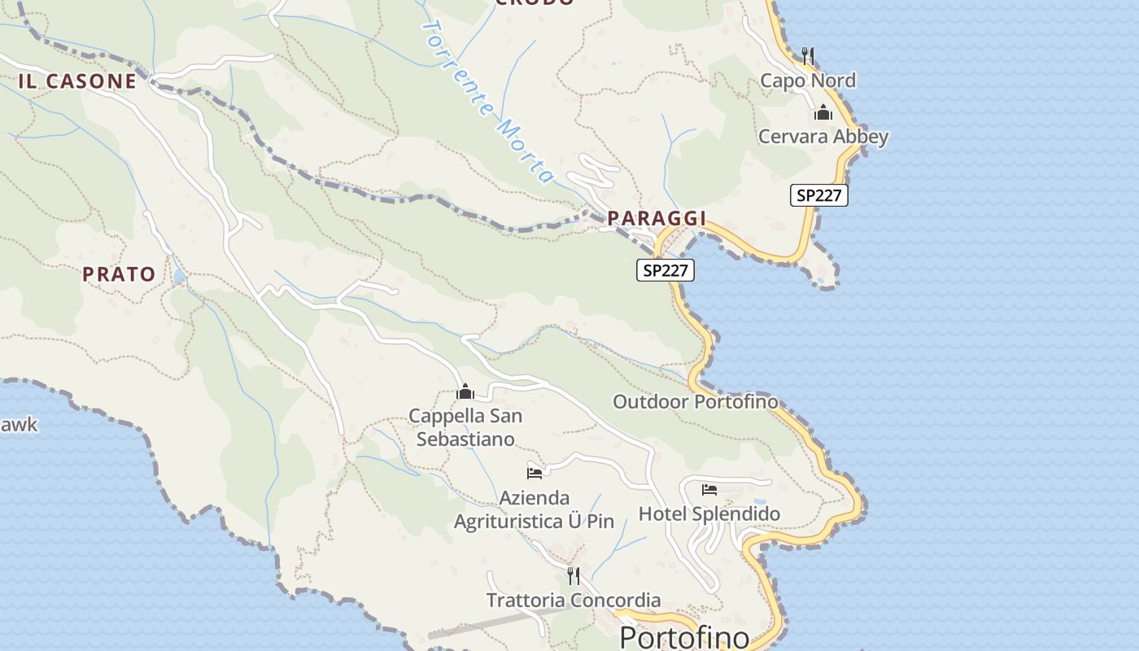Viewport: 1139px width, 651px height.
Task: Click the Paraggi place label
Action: point(657,218)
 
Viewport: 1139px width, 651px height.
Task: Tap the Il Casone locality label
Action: point(77,81)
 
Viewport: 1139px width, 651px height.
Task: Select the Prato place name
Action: point(119,274)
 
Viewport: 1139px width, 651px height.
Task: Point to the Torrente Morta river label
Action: point(488,102)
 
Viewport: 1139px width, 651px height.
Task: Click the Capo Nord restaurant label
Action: point(808,81)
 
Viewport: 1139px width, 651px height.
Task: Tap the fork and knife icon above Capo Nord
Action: point(808,55)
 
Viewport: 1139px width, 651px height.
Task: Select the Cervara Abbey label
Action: point(823,136)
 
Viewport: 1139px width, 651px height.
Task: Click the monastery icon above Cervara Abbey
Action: point(823,112)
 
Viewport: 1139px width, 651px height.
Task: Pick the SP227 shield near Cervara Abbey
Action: point(819,195)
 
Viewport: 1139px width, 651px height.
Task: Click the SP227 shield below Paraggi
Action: point(666,270)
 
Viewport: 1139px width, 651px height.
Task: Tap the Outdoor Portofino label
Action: point(695,401)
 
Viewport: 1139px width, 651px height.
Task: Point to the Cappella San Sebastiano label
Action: point(465,427)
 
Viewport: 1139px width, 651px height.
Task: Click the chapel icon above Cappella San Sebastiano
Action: point(465,392)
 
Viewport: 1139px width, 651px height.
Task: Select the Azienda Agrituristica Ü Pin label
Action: point(534,509)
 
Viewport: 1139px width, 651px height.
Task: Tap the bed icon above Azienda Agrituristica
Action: point(535,473)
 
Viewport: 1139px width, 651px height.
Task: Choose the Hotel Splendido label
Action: point(709,513)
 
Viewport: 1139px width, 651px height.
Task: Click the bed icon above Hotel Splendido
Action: point(709,489)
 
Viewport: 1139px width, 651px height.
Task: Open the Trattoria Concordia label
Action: point(574,601)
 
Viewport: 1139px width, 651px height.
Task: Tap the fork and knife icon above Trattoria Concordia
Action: point(574,576)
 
